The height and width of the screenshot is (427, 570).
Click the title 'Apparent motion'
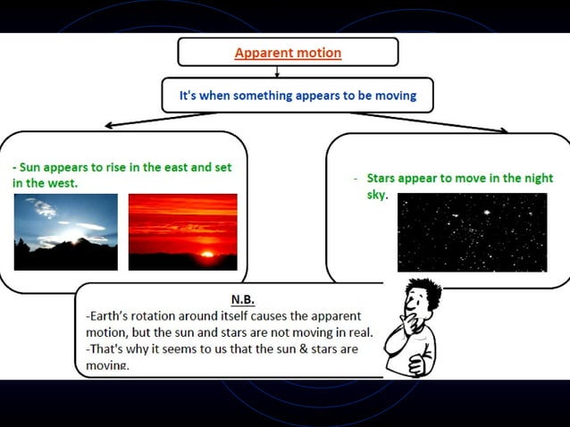[x=288, y=53]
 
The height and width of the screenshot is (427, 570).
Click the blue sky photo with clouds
[x=65, y=231]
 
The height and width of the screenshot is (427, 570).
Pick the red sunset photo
[x=183, y=231]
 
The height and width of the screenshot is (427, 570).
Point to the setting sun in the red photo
[x=207, y=254]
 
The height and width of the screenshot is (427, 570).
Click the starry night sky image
[x=472, y=231]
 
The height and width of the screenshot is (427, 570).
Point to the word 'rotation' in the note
[x=162, y=316]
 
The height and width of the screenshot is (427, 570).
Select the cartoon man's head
[x=419, y=299]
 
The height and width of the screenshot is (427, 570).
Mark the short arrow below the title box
[x=278, y=71]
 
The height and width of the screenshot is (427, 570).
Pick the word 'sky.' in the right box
[x=377, y=194]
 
